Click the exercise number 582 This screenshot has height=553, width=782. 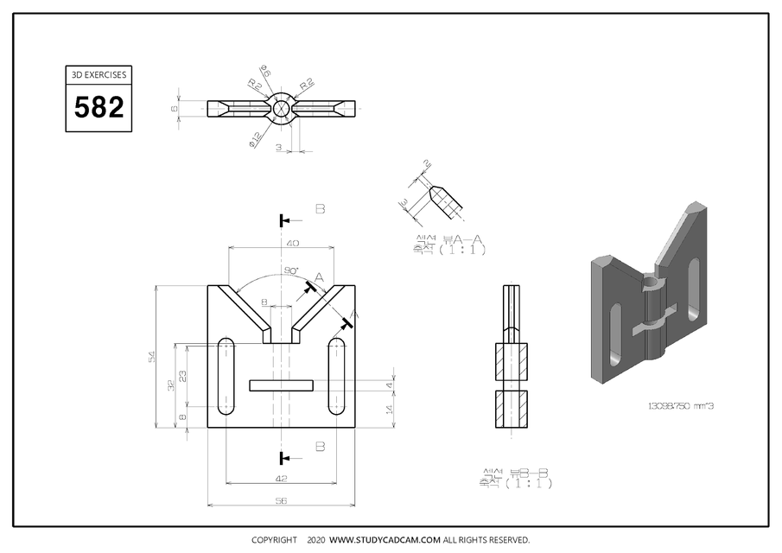coord(99,108)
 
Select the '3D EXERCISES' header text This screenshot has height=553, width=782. coord(99,75)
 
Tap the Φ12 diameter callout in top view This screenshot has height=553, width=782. coord(257,137)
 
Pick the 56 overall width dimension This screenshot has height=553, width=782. coord(282,500)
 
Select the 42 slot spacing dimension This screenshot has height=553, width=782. coord(282,478)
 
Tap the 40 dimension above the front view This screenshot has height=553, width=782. coord(292,244)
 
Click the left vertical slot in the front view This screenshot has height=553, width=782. coord(228,376)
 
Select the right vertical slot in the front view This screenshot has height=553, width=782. coord(336,376)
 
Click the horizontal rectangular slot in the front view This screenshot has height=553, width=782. coord(281,385)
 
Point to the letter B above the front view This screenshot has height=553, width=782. coord(320,209)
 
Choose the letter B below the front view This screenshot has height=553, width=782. coord(320,447)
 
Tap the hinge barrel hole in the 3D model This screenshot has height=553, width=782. coord(652,281)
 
